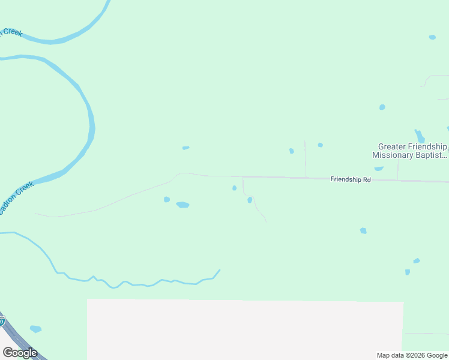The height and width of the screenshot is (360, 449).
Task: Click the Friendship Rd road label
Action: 351,179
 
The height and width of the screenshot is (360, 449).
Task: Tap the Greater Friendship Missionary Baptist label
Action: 410,151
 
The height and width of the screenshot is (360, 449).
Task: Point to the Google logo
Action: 20,353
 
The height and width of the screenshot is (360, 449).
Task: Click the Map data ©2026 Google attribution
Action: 412,355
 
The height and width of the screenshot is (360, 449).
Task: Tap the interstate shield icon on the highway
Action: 2,319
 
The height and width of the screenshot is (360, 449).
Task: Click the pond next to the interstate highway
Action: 35,329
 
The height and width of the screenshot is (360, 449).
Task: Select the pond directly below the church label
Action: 379,169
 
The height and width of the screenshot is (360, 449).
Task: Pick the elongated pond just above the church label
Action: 420,136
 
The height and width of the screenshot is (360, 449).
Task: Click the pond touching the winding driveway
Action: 250,200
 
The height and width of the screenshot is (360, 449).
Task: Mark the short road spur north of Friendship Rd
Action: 306,160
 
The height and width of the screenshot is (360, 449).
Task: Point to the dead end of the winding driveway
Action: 265,221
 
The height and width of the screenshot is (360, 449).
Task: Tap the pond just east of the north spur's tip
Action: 321,145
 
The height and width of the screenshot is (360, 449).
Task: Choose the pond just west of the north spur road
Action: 292,151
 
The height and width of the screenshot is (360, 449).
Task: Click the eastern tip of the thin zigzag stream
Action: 220,270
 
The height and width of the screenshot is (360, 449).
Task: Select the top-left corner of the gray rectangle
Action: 88,299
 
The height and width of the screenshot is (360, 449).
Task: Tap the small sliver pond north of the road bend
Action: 186,148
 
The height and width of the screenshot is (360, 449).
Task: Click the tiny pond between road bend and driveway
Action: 234,188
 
